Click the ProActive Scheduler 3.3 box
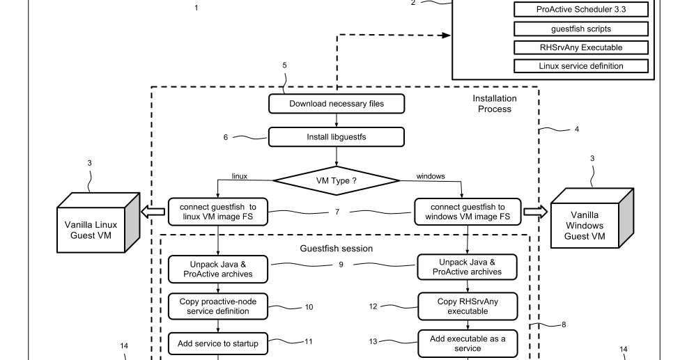coord(581,10)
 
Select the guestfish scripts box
coord(581,29)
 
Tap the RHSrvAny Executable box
coord(581,47)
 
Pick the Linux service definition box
coord(581,66)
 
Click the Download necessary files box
coord(337,104)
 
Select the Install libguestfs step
coord(337,137)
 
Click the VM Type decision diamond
coord(337,180)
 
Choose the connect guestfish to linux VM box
coord(219,212)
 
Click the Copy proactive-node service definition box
coord(219,306)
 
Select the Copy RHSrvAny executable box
coord(467,306)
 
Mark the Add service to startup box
coord(219,343)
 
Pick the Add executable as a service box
coord(467,343)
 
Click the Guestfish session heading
coord(337,249)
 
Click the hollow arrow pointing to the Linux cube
coord(153,212)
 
